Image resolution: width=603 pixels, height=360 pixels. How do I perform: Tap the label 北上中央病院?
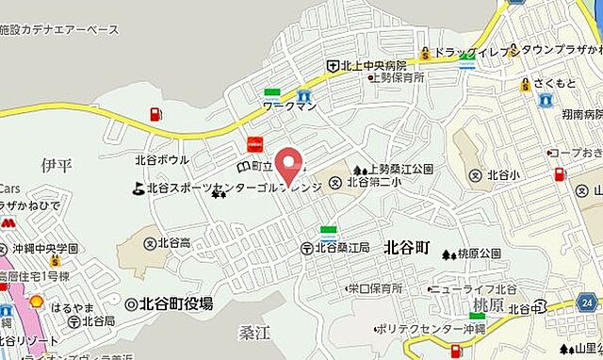373,66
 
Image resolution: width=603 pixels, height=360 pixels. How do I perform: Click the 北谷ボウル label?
162,160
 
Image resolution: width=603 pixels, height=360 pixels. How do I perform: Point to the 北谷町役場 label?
176,303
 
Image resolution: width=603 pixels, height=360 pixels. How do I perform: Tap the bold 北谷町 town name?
407,248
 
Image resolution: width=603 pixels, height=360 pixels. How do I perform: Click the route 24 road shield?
587,303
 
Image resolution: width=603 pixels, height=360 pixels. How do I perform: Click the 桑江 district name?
255,331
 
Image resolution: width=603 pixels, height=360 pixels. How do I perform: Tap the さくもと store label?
554,84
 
